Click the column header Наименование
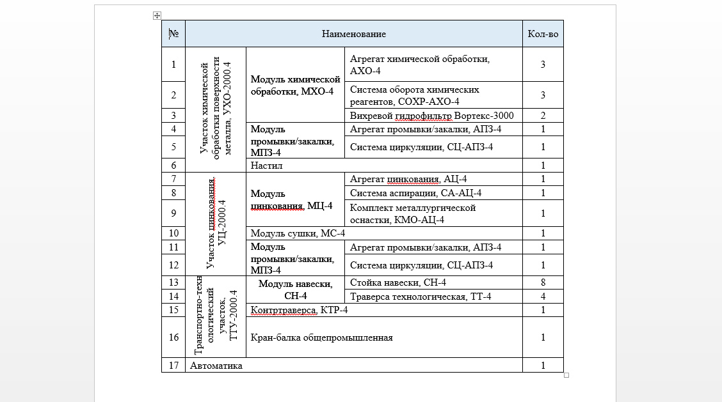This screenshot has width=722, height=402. click(353, 34)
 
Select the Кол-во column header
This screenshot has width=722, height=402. click(543, 34)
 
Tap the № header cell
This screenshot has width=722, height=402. click(173, 34)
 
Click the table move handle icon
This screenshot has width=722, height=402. click(157, 15)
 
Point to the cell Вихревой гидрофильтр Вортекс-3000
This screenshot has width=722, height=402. click(432, 116)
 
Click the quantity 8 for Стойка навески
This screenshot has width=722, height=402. click(543, 282)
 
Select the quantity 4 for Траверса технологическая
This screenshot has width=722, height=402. click(543, 297)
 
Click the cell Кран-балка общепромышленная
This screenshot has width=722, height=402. click(321, 337)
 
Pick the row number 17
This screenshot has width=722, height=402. click(173, 366)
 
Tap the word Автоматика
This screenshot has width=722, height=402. click(216, 366)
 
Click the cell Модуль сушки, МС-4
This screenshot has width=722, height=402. click(298, 233)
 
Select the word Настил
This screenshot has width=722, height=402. click(266, 165)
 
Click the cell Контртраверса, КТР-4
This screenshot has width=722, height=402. click(299, 310)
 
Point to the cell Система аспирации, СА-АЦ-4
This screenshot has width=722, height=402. click(415, 193)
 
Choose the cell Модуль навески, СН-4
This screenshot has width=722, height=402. click(295, 290)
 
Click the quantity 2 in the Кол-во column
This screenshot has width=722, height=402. click(543, 116)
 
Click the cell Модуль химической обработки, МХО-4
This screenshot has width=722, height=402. click(294, 85)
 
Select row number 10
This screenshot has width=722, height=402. click(173, 233)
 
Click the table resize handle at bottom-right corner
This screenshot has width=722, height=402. click(566, 375)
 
